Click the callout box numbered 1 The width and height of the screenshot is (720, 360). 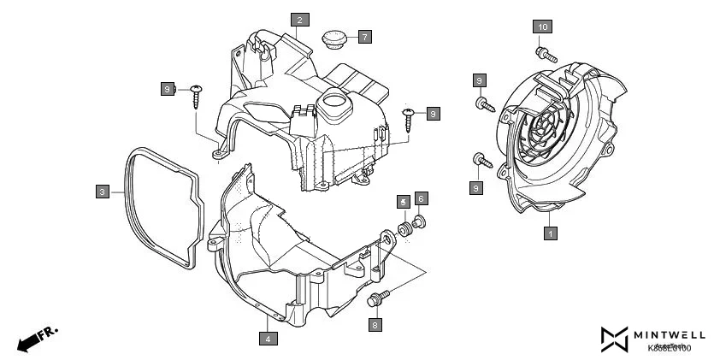tap(551, 232)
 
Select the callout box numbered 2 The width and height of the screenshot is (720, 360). tap(299, 19)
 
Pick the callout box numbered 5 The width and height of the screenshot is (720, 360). tap(402, 201)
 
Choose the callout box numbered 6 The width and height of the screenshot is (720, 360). tap(420, 198)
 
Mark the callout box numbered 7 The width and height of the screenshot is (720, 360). tap(364, 37)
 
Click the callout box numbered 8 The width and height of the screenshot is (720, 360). tap(375, 324)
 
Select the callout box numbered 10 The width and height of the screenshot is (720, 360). tap(542, 27)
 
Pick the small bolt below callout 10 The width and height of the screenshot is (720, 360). tap(548, 53)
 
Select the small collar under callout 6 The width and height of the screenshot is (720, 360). tap(420, 224)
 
